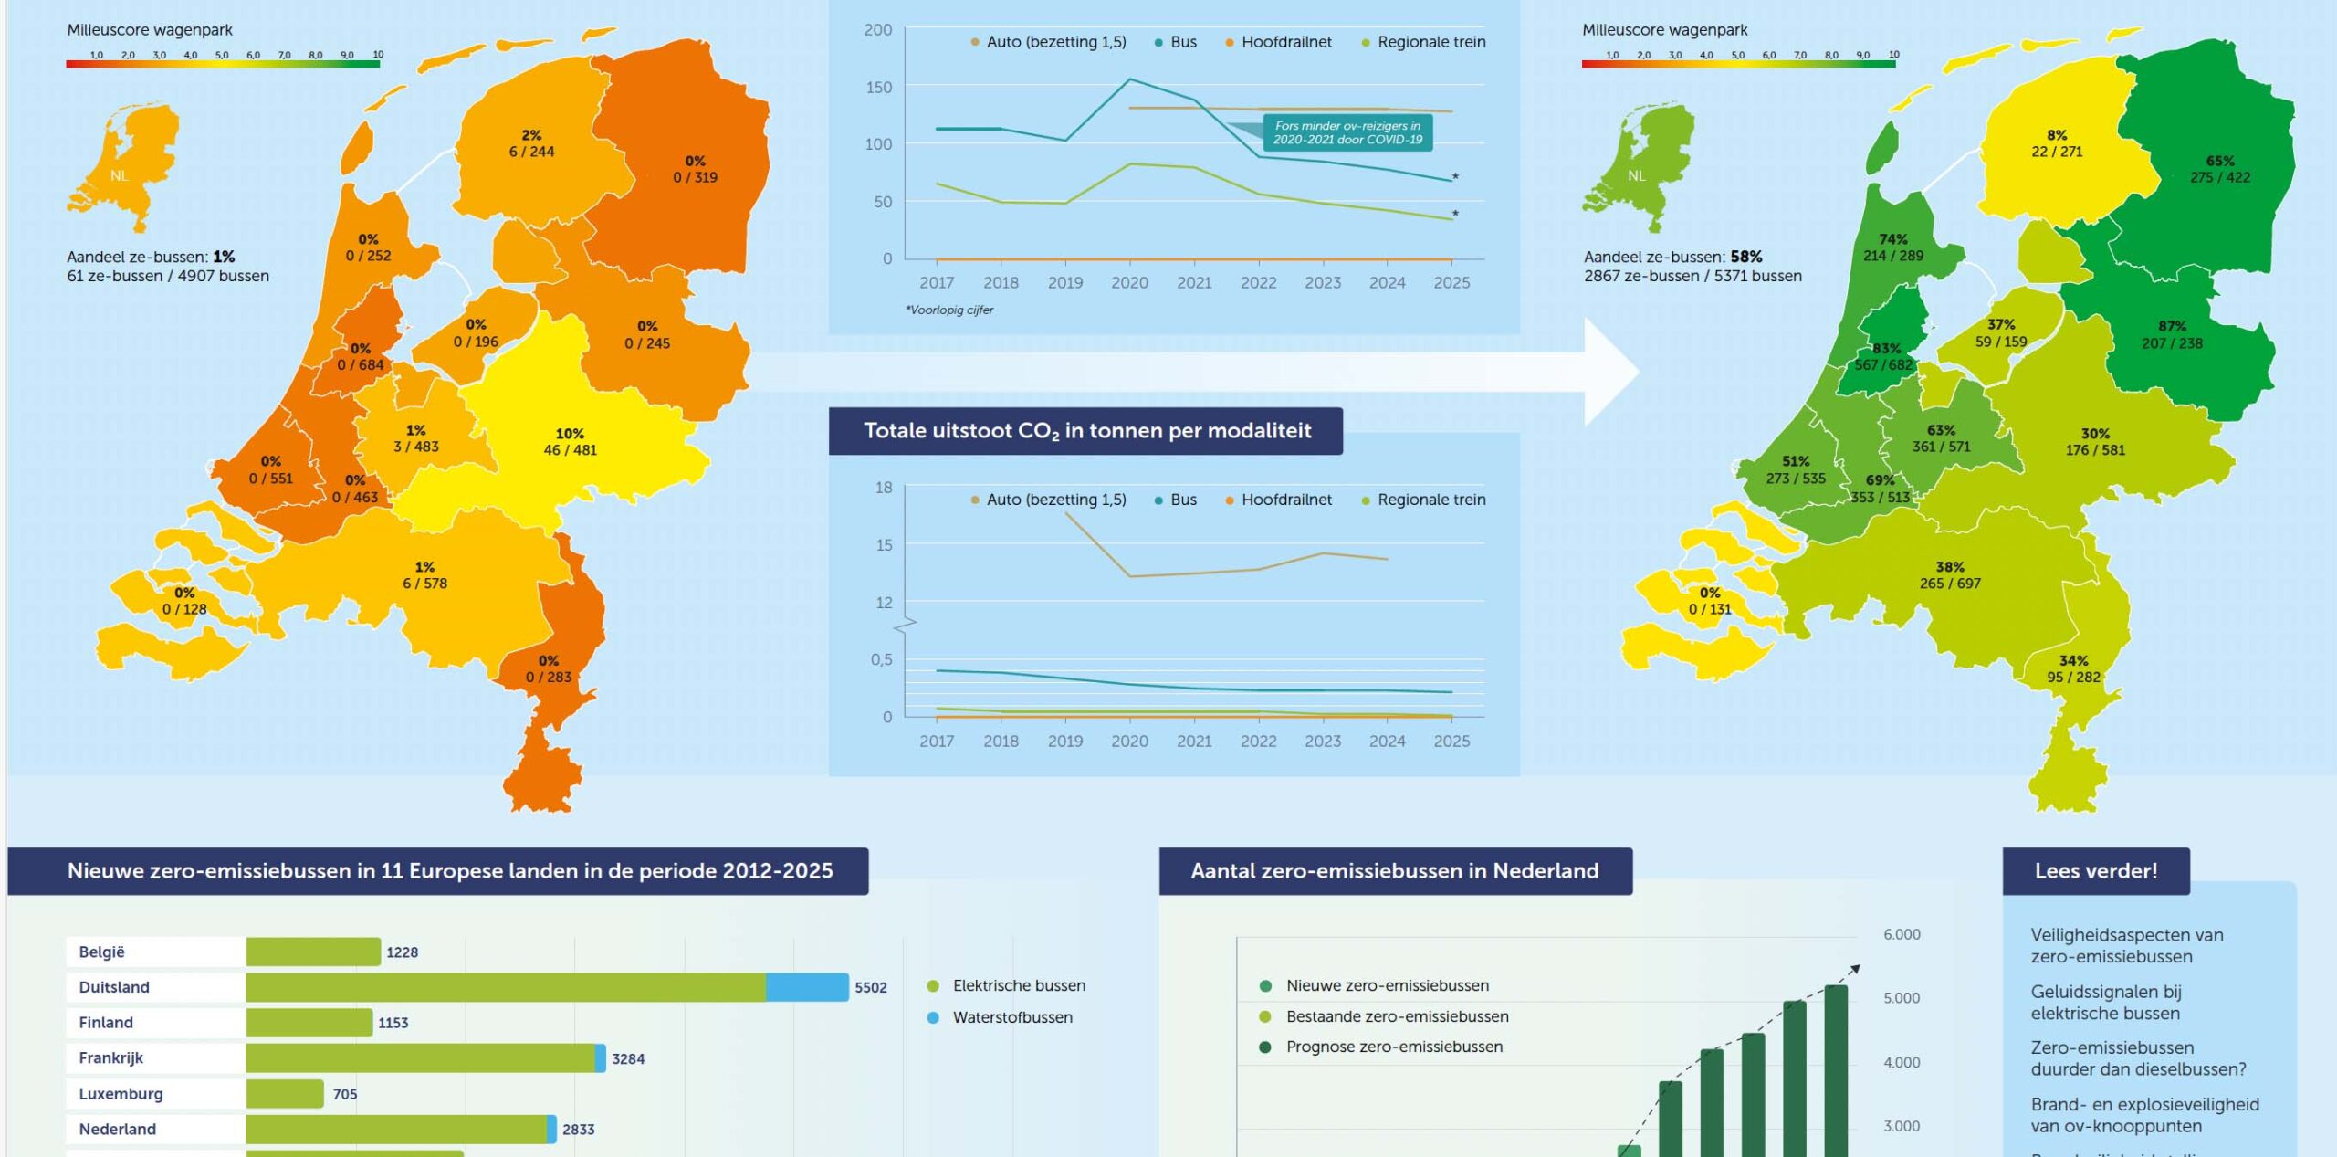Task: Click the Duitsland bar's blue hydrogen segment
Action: [807, 987]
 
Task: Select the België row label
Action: [101, 952]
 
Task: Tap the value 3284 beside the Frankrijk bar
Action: [628, 1058]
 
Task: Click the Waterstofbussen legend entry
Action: [1011, 1017]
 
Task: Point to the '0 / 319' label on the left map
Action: [696, 177]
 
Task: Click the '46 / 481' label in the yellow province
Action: [570, 450]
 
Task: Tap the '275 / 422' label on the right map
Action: [2219, 177]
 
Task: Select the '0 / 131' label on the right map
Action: [1709, 609]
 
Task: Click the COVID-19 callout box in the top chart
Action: [1347, 133]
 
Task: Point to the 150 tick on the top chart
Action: [879, 88]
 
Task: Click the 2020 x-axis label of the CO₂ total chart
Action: [1129, 741]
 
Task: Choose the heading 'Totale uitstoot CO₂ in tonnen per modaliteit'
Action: [1086, 431]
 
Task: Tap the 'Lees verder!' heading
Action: [2095, 871]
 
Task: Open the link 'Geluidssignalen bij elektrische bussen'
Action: [2105, 1003]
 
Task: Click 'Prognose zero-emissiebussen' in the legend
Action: [1393, 1047]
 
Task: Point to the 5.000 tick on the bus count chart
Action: [1901, 998]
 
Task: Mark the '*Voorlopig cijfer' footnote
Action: [949, 310]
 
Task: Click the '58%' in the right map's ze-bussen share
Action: [1745, 257]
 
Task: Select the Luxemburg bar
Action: [285, 1093]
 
